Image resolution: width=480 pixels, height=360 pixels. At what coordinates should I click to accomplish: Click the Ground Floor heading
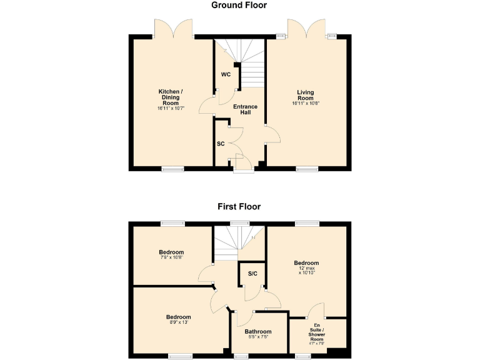pyautogui.click(x=239, y=6)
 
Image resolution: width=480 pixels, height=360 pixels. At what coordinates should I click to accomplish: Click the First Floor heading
pyautogui.click(x=239, y=206)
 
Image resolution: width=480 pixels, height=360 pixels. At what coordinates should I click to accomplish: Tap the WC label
pyautogui.click(x=226, y=74)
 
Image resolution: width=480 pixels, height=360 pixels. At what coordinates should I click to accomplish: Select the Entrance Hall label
pyautogui.click(x=245, y=110)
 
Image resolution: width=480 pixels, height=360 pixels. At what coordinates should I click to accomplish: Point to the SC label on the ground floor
pyautogui.click(x=221, y=144)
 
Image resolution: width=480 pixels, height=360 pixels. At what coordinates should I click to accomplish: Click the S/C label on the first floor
pyautogui.click(x=252, y=273)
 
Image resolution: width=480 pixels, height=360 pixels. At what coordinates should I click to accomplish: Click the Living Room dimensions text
pyautogui.click(x=306, y=103)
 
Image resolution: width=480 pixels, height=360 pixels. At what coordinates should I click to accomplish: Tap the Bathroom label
pyautogui.click(x=257, y=332)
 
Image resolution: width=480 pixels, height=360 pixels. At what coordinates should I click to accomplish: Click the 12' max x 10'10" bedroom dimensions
pyautogui.click(x=306, y=271)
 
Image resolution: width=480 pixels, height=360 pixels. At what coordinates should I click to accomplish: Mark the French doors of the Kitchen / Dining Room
pyautogui.click(x=175, y=28)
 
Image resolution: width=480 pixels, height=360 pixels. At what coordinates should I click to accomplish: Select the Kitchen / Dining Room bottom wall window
pyautogui.click(x=172, y=169)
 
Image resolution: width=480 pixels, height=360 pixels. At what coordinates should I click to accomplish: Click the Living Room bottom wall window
pyautogui.click(x=306, y=169)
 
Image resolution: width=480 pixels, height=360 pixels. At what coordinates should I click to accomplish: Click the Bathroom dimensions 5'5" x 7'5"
pyautogui.click(x=257, y=338)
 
